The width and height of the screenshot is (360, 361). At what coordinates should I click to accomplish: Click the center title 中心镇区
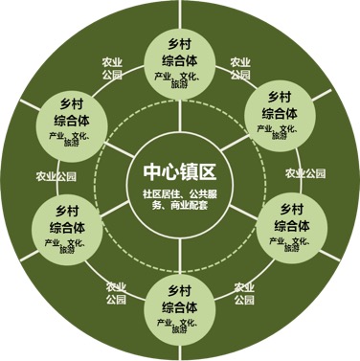[179, 171]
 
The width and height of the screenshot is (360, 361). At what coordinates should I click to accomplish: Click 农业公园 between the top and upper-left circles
[112, 69]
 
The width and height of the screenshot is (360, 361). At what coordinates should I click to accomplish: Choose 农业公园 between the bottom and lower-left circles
[116, 291]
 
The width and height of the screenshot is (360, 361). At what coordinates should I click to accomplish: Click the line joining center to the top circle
[180, 115]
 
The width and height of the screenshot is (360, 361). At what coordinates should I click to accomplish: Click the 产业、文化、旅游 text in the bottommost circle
[179, 327]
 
